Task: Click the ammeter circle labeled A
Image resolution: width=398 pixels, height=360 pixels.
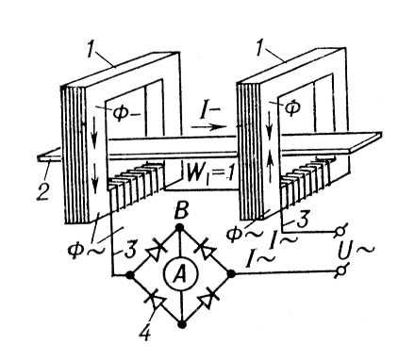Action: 180,274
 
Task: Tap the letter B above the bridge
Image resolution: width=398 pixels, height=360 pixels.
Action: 181,210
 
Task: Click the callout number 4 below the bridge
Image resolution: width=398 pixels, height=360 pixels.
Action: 145,333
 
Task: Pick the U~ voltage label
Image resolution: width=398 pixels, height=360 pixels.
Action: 356,251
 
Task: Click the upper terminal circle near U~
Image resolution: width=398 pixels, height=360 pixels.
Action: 340,232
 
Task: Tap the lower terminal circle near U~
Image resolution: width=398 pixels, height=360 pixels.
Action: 340,271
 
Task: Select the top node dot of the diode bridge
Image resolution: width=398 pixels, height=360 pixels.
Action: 179,227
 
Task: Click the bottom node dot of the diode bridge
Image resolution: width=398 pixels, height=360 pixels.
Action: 181,323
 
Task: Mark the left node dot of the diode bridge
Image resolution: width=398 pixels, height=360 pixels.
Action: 129,275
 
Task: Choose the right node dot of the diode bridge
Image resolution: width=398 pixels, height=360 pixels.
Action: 231,274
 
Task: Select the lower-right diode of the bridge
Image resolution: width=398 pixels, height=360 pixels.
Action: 207,300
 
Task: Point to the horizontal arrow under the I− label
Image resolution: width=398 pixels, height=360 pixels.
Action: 208,127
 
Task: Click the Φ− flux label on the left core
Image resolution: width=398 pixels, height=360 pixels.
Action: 125,114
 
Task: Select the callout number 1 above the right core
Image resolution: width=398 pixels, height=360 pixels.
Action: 259,49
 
